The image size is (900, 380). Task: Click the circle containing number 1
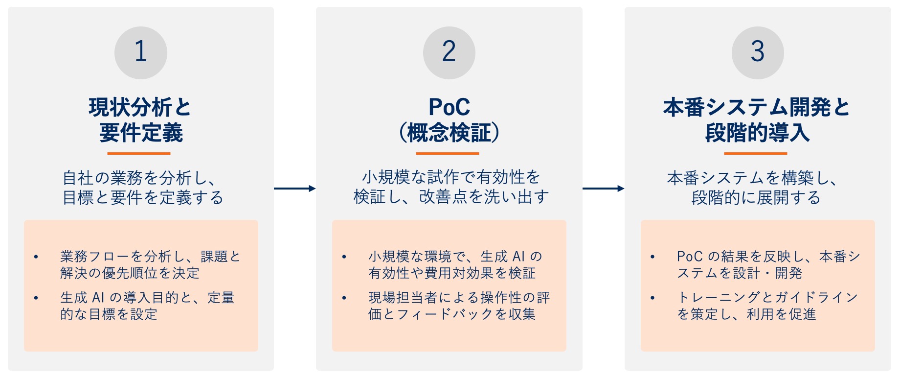tap(141, 52)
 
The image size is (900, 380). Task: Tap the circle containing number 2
tap(449, 52)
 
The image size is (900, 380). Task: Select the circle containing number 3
tap(758, 52)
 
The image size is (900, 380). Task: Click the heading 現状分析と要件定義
tap(141, 120)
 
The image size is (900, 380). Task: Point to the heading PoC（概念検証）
tap(449, 120)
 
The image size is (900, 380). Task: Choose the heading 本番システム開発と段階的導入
tap(757, 120)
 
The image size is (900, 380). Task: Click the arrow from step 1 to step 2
tap(294, 189)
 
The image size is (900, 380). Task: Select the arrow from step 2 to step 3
tap(603, 189)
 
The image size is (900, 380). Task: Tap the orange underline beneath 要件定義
tap(139, 153)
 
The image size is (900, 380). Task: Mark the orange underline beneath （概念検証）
tap(448, 153)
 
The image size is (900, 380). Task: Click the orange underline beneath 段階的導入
tap(756, 153)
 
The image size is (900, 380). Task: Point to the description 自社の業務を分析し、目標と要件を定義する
tap(143, 188)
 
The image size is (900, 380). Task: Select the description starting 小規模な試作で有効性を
tap(451, 187)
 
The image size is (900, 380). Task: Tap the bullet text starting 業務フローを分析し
tap(150, 264)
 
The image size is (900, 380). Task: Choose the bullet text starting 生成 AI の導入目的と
tap(147, 306)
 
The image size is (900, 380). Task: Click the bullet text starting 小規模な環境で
tap(455, 264)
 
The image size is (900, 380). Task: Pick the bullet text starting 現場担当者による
tap(459, 306)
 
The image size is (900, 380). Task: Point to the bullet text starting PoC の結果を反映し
tap(768, 264)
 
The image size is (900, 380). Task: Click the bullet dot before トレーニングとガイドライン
tap(652, 298)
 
